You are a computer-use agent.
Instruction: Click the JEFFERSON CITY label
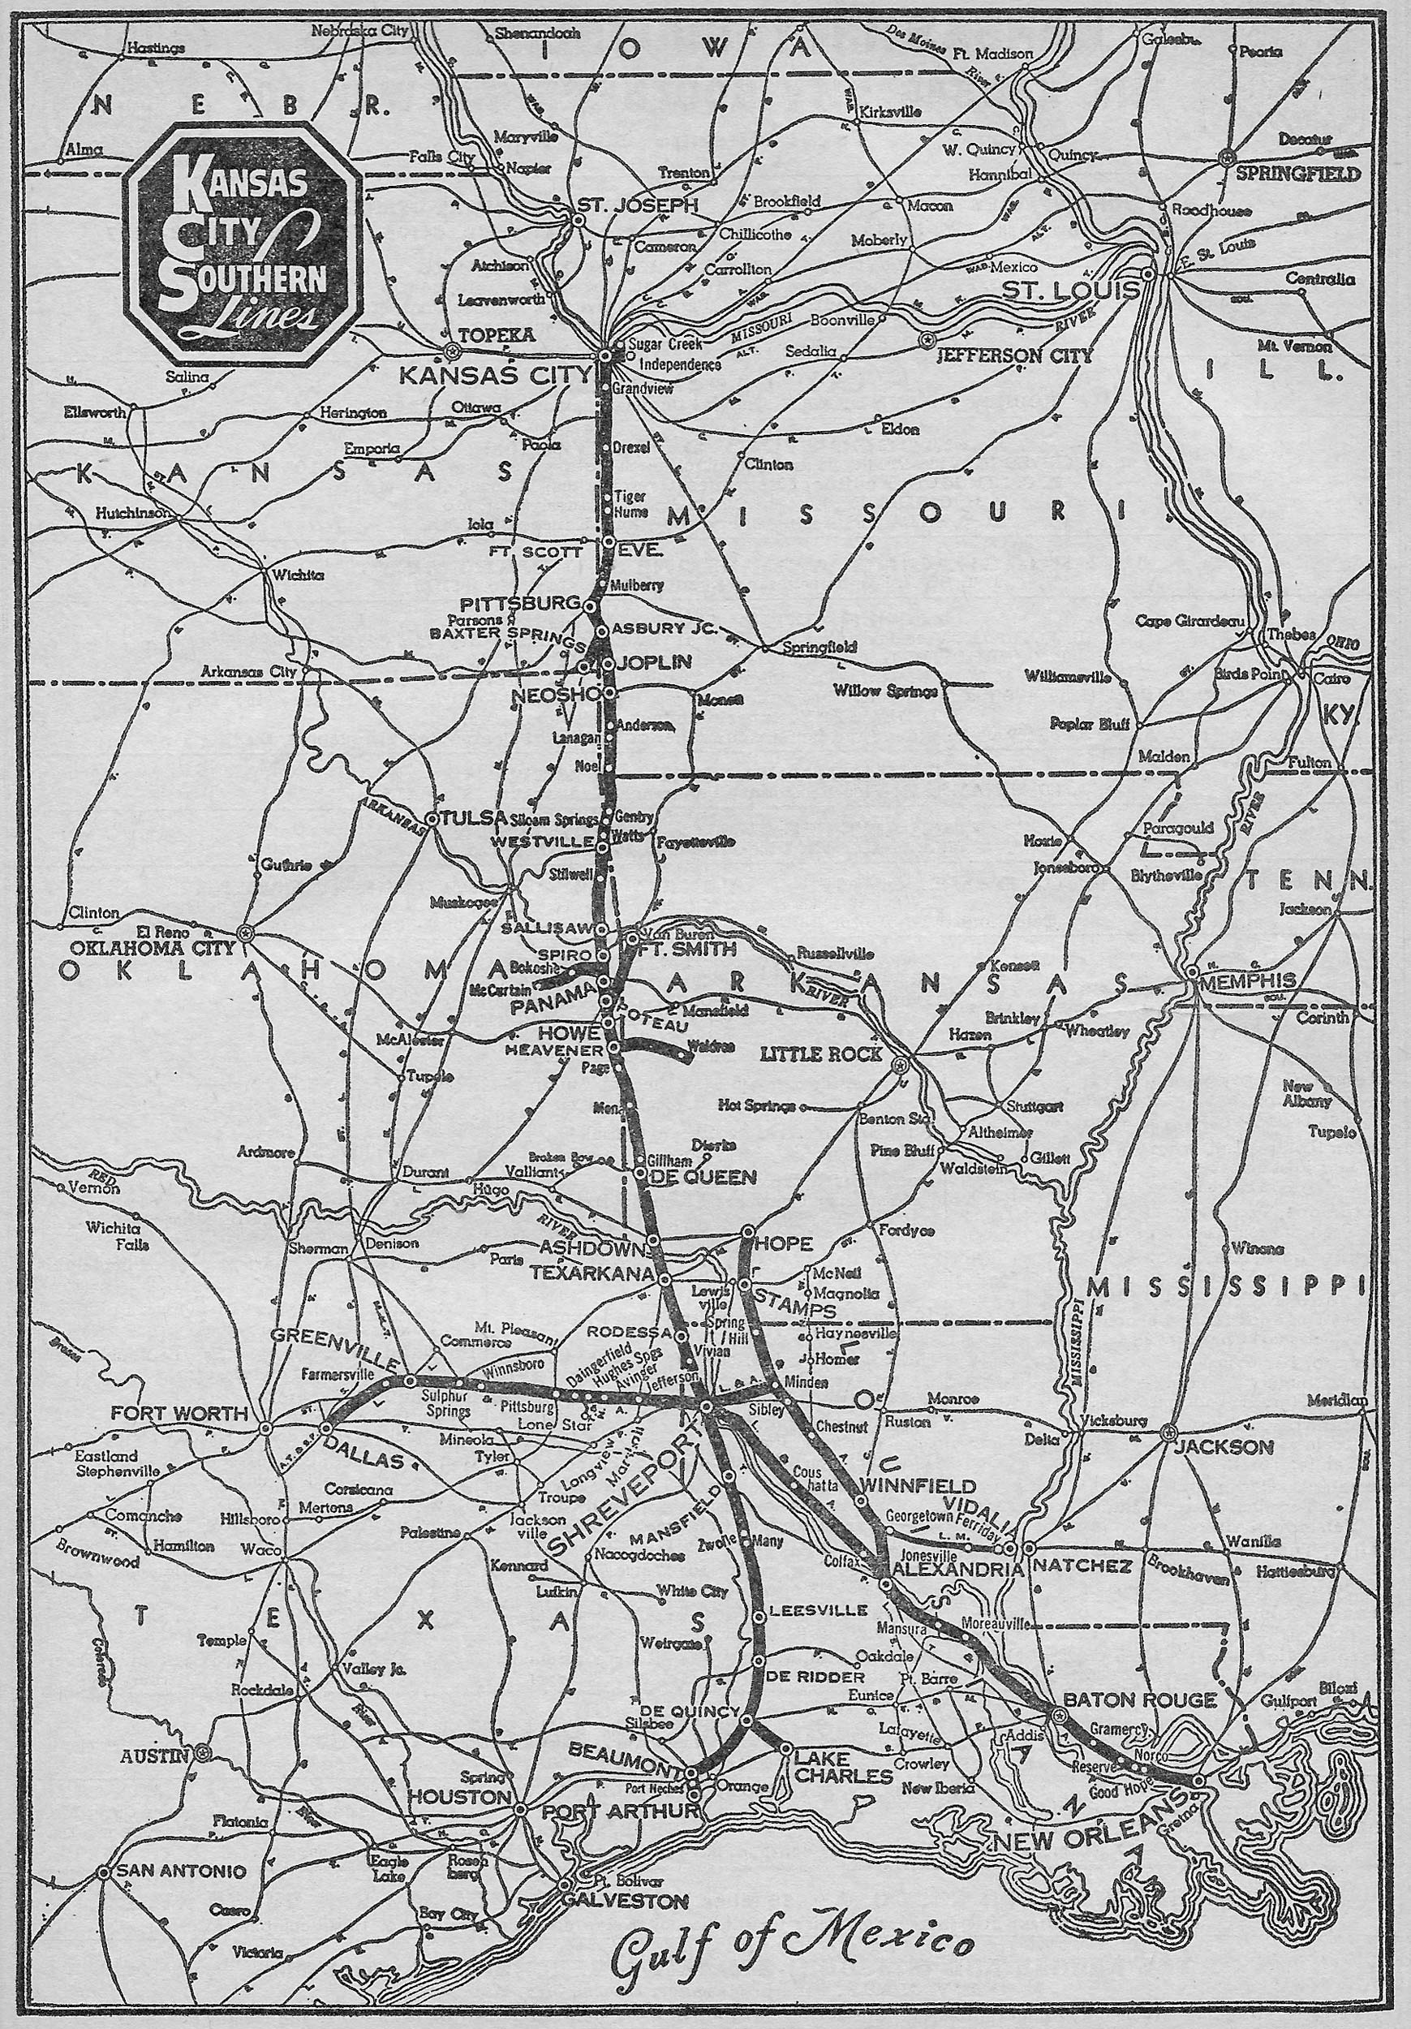click(x=1014, y=357)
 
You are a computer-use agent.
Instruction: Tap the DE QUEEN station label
click(x=703, y=1176)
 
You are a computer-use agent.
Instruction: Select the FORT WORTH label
click(x=179, y=1413)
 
